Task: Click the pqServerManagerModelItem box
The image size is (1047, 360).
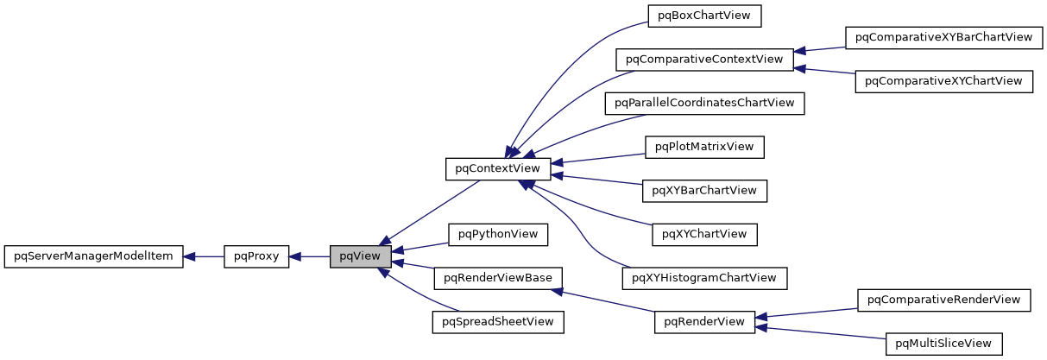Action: coord(93,256)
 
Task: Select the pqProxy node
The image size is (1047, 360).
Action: coord(256,256)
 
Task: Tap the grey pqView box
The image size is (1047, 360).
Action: coord(360,256)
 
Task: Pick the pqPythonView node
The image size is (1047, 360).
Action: coord(498,234)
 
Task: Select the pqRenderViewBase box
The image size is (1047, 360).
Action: coord(498,278)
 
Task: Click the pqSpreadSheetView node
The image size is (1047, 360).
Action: coord(498,322)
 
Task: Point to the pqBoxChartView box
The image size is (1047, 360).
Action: coord(704,16)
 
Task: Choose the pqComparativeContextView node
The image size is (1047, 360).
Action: coord(704,60)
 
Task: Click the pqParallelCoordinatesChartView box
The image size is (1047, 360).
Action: coord(704,103)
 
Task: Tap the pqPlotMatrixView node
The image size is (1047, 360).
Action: coord(704,146)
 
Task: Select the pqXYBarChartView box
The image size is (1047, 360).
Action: coord(704,190)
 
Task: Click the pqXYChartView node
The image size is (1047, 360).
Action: coord(704,233)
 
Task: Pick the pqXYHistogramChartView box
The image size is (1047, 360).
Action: coord(704,278)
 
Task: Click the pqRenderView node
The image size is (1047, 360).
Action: coord(704,322)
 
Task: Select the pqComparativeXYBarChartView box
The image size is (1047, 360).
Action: coord(943,37)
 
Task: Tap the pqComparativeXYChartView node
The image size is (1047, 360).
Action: coord(943,81)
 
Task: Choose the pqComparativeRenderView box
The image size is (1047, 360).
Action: coord(943,300)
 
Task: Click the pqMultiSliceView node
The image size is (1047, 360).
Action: coord(943,344)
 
